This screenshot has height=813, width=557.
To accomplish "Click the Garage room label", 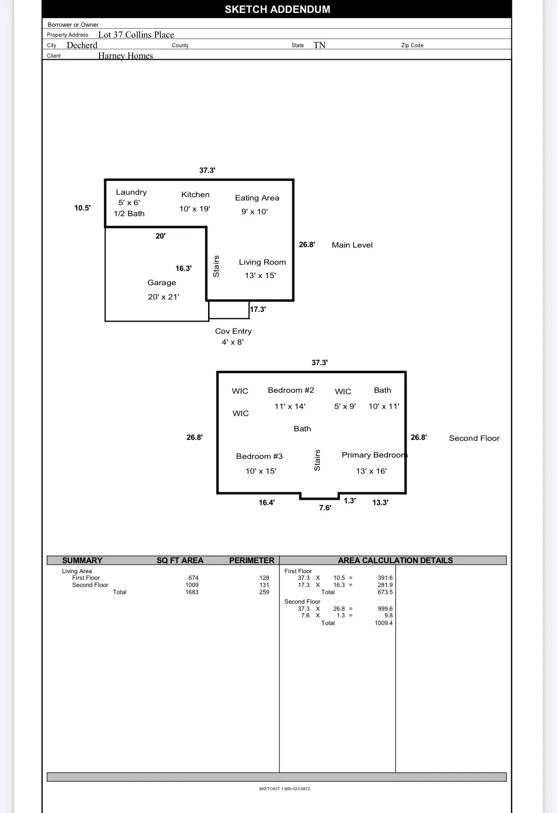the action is click(x=161, y=282).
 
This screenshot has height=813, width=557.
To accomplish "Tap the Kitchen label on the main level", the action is click(x=195, y=195).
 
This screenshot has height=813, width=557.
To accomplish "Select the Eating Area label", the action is click(x=257, y=198).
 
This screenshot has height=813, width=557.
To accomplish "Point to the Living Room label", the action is click(x=262, y=262).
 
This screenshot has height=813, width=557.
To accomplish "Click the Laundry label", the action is click(x=131, y=192).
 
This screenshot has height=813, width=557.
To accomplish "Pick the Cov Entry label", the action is click(x=233, y=331).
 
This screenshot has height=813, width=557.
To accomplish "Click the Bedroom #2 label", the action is click(x=291, y=390).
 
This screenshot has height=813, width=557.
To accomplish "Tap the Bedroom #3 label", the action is click(x=259, y=456).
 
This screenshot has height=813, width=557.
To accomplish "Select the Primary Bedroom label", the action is click(x=374, y=455).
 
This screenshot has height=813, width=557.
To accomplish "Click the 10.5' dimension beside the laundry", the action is click(x=82, y=208).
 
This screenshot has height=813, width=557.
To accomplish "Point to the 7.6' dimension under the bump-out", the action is click(x=325, y=508).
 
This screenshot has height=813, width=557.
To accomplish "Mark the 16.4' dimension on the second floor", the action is click(x=267, y=503).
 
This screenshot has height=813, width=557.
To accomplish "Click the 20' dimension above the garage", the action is click(x=160, y=236).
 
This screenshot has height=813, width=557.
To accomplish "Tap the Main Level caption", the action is click(x=352, y=245).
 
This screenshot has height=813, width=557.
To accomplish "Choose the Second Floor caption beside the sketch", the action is click(x=474, y=438).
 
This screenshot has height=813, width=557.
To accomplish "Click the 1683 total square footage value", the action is click(x=192, y=592).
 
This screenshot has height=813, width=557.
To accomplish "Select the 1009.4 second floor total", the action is click(x=383, y=623).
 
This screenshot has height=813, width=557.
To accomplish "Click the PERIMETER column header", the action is click(x=252, y=560).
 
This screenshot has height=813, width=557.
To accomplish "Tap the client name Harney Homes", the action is click(x=126, y=56).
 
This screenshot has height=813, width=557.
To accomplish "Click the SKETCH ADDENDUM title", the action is click(x=278, y=10).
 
